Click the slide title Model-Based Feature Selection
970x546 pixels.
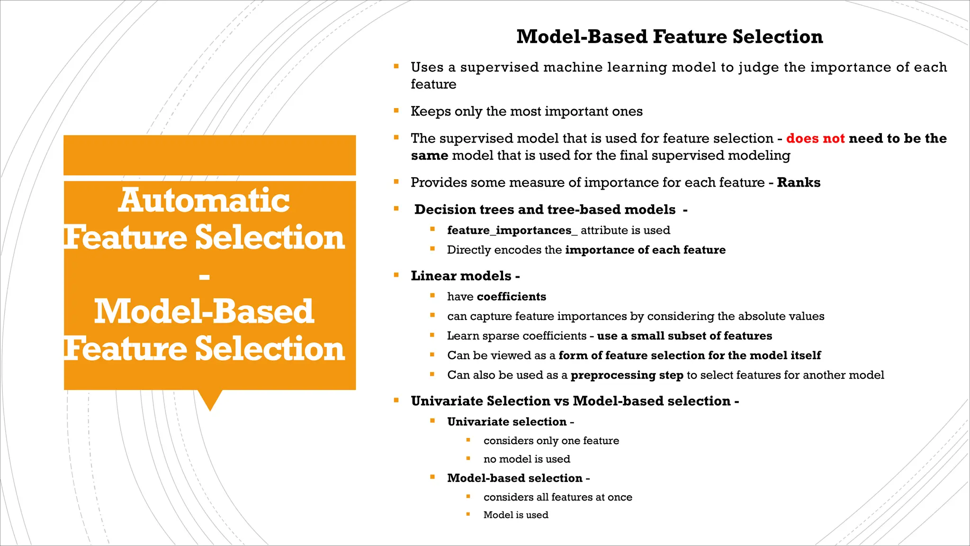point(669,37)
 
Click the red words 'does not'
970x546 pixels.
point(815,138)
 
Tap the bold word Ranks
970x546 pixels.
point(799,182)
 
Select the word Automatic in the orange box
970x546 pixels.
point(204,200)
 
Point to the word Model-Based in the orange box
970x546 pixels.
point(204,312)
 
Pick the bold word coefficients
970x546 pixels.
point(512,297)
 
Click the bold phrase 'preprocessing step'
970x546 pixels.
point(627,375)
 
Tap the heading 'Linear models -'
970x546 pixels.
point(465,276)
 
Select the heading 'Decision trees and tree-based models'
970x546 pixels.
point(545,209)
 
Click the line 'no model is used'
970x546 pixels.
point(527,459)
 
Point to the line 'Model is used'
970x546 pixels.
point(516,515)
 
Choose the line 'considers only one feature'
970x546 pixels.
point(551,441)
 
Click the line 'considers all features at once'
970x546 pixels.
point(557,497)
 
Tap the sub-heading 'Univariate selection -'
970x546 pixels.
point(510,422)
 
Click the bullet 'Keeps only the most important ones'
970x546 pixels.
point(526,111)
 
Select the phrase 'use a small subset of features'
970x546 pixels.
point(684,336)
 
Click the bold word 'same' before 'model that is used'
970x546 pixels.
point(429,155)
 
